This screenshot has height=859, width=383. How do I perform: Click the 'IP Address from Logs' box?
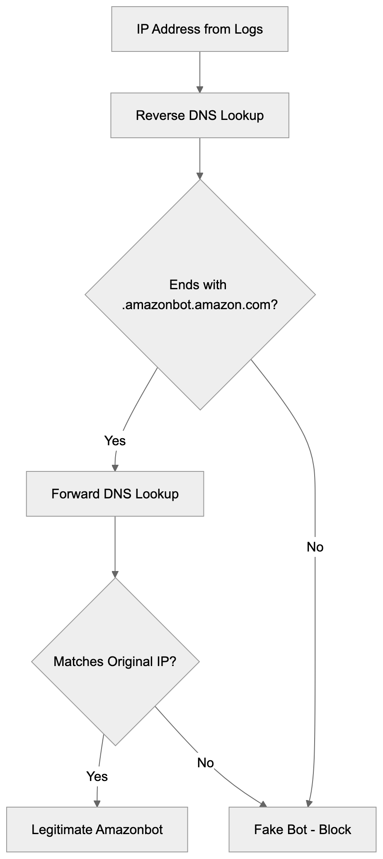(199, 29)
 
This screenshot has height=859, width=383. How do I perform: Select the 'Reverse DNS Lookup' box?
(199, 115)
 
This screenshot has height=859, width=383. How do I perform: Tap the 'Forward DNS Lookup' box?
(115, 494)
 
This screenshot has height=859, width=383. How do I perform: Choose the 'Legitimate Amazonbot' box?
(97, 830)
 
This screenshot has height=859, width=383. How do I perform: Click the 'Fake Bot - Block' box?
(302, 830)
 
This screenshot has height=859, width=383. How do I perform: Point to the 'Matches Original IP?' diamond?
(115, 661)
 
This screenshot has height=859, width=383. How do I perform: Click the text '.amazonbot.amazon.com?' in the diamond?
(200, 305)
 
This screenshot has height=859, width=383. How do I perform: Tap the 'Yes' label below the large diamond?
(115, 440)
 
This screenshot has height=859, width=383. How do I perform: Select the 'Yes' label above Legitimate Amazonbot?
(97, 776)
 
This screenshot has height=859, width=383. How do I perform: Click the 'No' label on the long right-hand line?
(315, 547)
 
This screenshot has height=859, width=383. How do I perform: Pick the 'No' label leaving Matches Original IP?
(206, 763)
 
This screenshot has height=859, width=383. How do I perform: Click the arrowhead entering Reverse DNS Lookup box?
(200, 89)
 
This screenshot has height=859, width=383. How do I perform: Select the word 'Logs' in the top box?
(248, 29)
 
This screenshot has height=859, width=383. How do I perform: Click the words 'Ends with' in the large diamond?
(198, 285)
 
